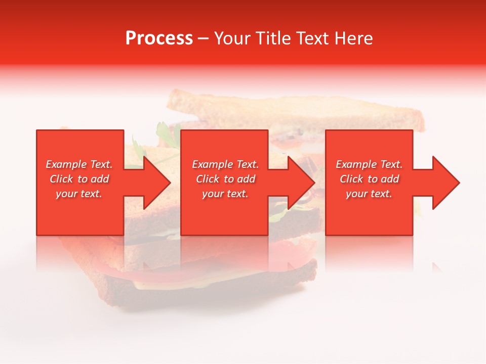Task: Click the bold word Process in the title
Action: (x=159, y=38)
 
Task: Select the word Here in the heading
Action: (x=353, y=38)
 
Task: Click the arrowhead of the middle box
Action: (x=301, y=183)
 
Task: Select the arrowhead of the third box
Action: (x=445, y=183)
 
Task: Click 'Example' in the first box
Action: (x=66, y=164)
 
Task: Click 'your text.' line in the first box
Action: (x=79, y=194)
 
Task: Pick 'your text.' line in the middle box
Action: (x=225, y=194)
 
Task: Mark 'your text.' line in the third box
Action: (x=369, y=194)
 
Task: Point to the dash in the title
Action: (x=203, y=39)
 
